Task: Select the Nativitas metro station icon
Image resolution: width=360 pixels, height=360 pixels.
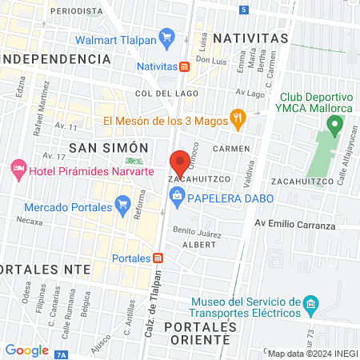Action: (184, 66)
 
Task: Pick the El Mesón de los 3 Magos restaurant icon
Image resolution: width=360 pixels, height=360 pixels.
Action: (237, 120)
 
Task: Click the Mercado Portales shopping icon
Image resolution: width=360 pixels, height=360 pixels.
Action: (122, 207)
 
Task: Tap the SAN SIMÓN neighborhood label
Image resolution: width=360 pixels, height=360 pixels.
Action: (109, 148)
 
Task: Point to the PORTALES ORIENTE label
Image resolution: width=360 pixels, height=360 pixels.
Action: (197, 334)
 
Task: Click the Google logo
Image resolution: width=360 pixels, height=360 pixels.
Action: (26, 350)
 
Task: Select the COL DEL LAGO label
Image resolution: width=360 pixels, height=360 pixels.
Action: (159, 94)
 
